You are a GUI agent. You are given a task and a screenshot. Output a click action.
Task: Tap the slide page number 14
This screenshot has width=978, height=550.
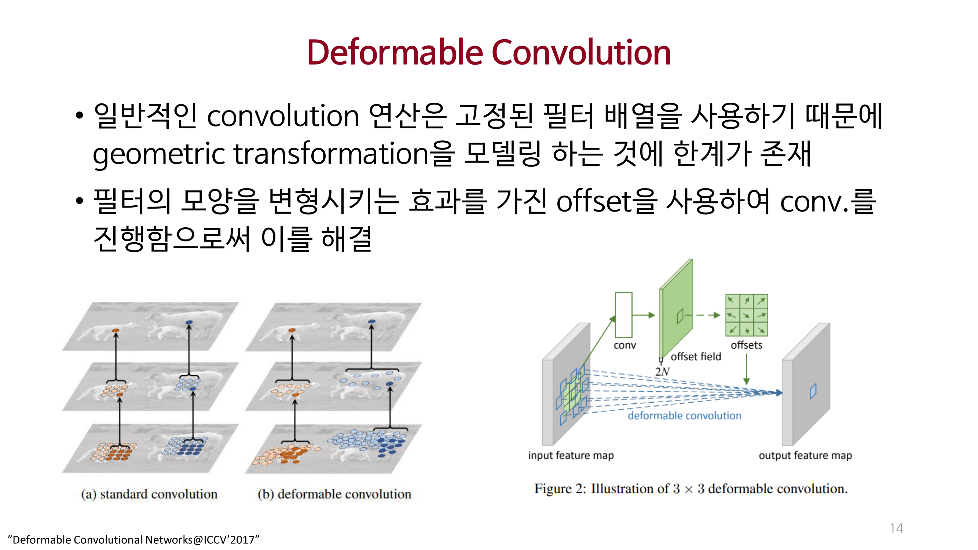coord(896,528)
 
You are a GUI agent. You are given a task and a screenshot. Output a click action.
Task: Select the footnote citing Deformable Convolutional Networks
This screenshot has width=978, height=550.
coord(133,539)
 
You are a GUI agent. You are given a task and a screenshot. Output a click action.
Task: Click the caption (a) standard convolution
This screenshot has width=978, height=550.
coord(149,494)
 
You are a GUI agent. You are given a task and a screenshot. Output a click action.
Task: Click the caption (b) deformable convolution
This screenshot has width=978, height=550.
coord(334,494)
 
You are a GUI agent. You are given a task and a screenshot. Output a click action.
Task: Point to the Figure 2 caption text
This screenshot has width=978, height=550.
coord(691,489)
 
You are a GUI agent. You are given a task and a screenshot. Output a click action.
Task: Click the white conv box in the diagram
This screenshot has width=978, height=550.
coord(623,315)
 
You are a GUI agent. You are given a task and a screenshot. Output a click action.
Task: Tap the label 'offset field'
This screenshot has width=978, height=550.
coord(696,356)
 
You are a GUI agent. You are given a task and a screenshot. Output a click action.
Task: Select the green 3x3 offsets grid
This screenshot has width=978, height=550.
coord(746,315)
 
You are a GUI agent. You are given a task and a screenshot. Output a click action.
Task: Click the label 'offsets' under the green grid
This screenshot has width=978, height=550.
coord(746,345)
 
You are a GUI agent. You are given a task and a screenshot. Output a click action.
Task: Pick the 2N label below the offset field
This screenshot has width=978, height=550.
coord(662,371)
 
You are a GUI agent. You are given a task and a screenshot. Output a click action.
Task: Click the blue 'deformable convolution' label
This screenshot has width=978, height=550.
coord(684,416)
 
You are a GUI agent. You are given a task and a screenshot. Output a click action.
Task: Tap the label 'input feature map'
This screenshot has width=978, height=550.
coord(571,455)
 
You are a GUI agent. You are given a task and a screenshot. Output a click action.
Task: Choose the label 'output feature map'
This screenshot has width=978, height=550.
coord(805,455)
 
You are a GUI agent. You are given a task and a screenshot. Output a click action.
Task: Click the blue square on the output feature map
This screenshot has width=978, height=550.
coord(813,391)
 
